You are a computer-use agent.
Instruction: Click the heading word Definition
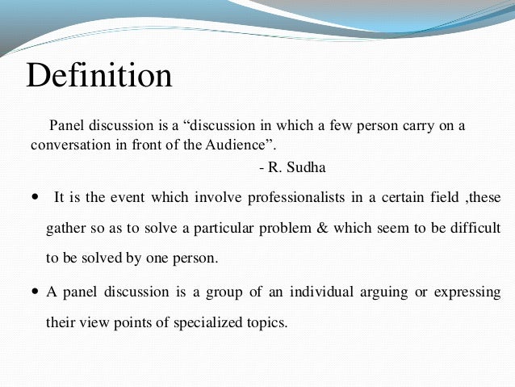pyautogui.click(x=99, y=77)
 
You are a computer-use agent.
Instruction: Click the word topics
pyautogui.click(x=266, y=322)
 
